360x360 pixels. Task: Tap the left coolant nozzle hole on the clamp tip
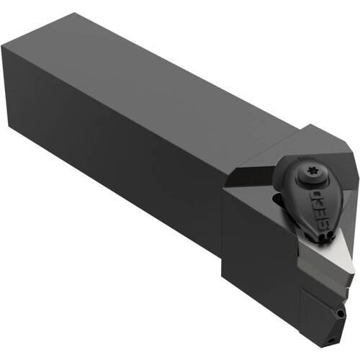323,236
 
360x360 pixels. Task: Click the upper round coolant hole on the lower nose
340,313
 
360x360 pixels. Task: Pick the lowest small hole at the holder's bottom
332,340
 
